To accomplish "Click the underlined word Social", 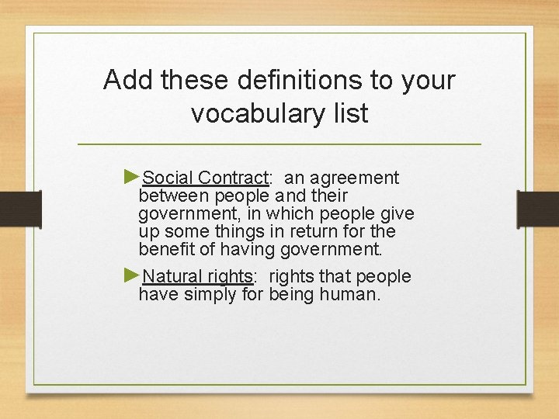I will pyautogui.click(x=168, y=178).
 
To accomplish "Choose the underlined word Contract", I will pyautogui.click(x=231, y=178).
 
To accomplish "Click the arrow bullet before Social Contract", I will pyautogui.click(x=132, y=177).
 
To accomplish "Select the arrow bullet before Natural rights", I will pyautogui.click(x=132, y=275).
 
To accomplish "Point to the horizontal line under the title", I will pyautogui.click(x=279, y=144).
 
